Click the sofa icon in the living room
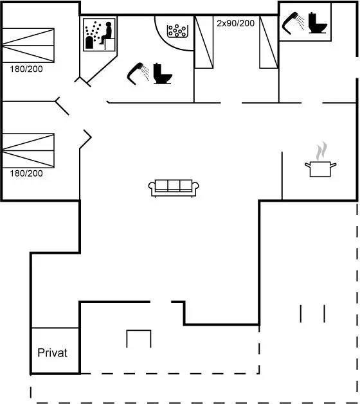point(174,188)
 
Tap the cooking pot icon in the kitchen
point(320,169)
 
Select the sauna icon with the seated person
point(99,35)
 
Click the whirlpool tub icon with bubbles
point(177,31)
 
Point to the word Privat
point(52,353)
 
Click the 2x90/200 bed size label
point(235,23)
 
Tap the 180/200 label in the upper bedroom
point(26,69)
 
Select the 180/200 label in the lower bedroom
point(26,173)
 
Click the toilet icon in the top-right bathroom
point(318,23)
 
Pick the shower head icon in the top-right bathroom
point(292,23)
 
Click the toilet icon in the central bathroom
point(163,74)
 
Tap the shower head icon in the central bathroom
point(138,74)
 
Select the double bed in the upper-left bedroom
point(28,46)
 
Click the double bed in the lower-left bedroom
point(28,151)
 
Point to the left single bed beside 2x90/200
point(204,42)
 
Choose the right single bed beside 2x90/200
point(269,42)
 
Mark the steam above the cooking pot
point(321,151)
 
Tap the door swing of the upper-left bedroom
point(62,106)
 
